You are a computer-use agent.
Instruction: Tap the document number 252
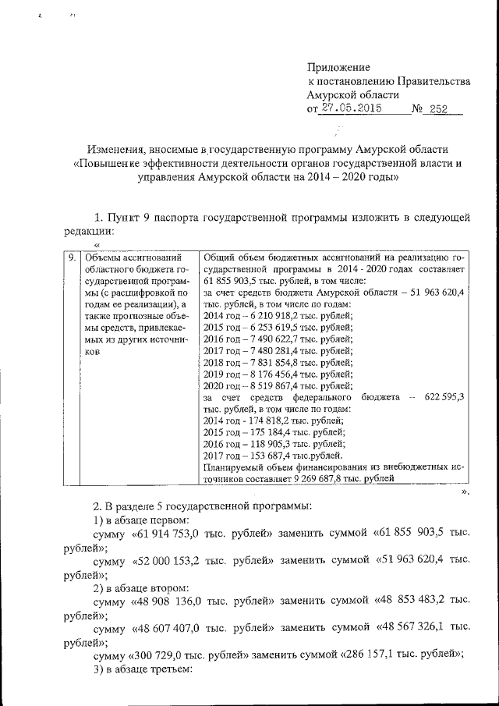click(438, 109)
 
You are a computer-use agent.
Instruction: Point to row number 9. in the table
click(70, 256)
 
